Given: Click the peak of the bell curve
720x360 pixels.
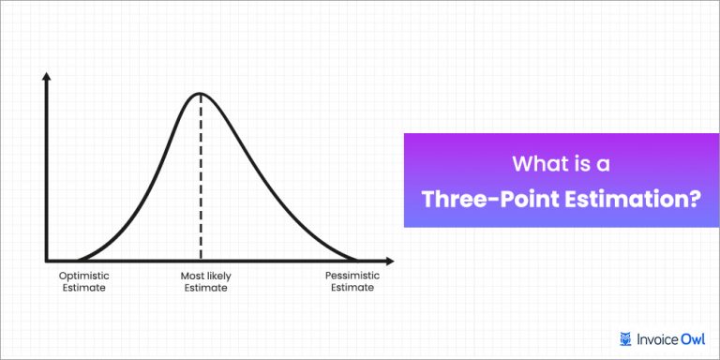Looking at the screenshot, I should [201, 93].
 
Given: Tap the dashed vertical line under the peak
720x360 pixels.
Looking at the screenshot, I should [201, 178].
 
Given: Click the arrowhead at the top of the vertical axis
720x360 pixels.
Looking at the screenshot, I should [46, 75].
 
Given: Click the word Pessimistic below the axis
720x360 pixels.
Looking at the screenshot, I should [350, 276].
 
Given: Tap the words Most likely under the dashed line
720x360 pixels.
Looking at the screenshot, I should [205, 276].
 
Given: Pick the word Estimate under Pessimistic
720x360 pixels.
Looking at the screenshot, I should [350, 289].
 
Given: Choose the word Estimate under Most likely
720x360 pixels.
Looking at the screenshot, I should [205, 289].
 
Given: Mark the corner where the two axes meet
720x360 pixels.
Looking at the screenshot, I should [46, 260].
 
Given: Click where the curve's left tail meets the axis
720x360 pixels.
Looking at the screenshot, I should [77, 259].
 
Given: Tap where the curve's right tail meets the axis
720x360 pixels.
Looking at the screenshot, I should [356, 259].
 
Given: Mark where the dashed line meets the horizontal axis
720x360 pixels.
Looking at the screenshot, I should [201, 260].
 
